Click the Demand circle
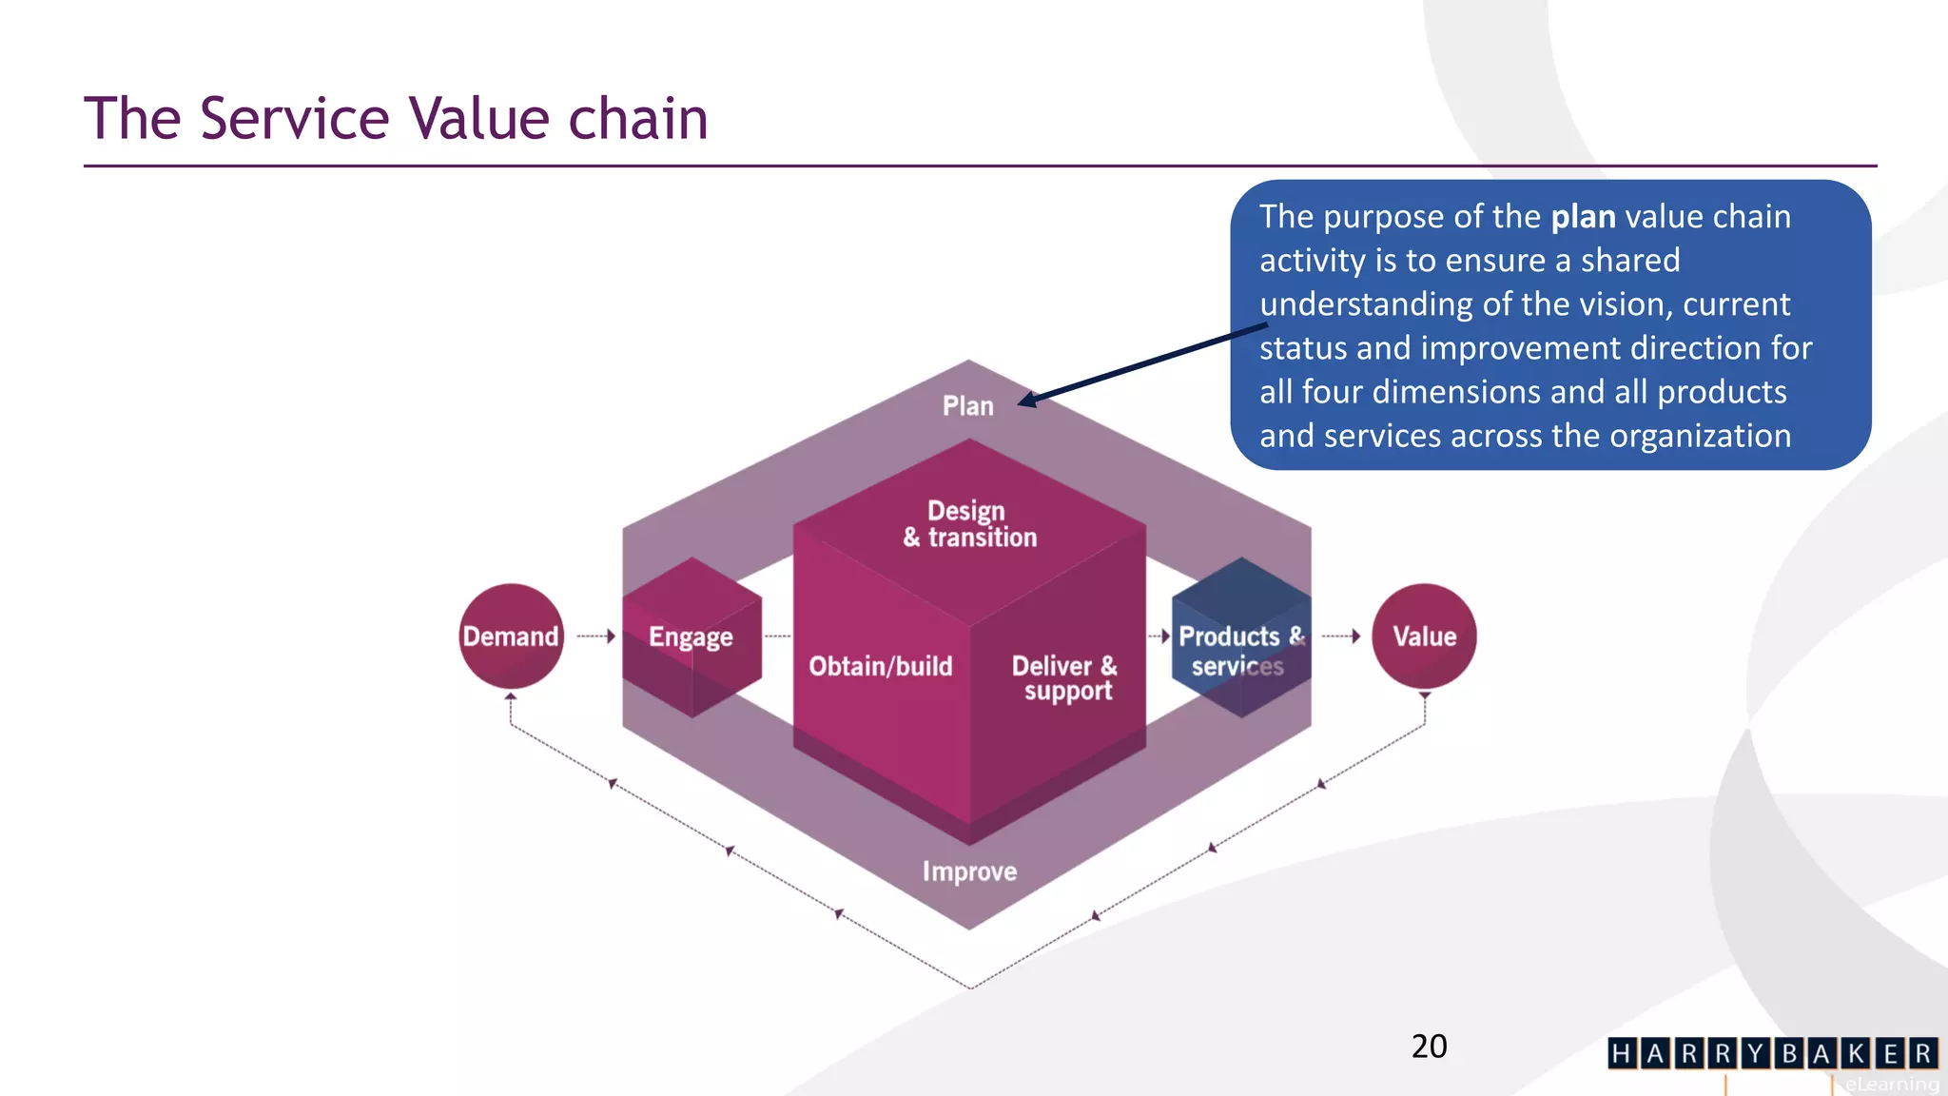511,636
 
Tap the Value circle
1424,636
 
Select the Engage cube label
691,636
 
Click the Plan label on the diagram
967,406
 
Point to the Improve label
969,871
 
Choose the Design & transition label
969,524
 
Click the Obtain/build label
880,666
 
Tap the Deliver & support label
1064,677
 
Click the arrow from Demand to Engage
597,636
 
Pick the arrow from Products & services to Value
1342,636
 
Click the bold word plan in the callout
1583,217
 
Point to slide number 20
1429,1047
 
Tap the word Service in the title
295,119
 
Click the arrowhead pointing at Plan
1028,401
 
